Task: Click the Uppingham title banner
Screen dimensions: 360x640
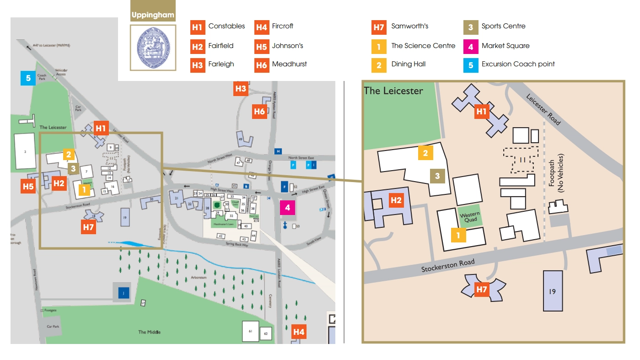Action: [153, 15]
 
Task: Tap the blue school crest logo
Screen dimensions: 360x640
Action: [153, 47]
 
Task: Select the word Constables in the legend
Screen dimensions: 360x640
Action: [226, 26]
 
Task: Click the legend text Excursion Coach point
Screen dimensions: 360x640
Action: [518, 64]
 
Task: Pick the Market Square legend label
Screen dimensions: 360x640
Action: [505, 46]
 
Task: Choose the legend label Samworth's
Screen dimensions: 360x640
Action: [409, 26]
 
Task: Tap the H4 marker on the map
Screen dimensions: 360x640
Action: [299, 332]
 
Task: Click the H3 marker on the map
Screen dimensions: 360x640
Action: [241, 88]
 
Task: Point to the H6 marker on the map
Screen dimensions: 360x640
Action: [259, 112]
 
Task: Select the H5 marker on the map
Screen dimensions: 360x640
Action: [28, 186]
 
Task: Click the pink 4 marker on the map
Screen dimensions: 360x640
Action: [287, 208]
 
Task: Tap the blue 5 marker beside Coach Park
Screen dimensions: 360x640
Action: [28, 78]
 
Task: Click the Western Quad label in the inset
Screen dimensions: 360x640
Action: [470, 217]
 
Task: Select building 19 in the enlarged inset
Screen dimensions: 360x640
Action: [552, 291]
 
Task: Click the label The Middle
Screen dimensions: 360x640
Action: [150, 332]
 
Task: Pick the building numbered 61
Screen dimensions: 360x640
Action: [250, 331]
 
